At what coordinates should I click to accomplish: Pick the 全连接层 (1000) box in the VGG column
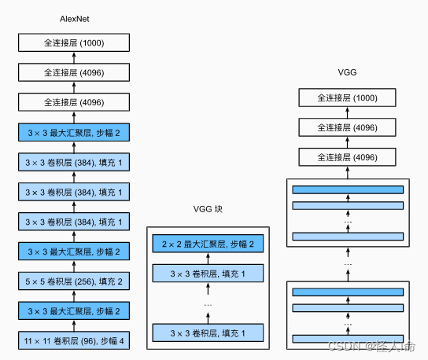point(347,97)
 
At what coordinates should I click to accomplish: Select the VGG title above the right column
point(347,72)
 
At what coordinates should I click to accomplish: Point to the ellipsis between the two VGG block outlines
point(347,265)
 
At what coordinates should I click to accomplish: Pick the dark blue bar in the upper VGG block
point(347,189)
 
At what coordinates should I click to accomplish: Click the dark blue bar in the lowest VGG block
point(347,292)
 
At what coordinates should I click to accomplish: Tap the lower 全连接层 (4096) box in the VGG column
point(347,157)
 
